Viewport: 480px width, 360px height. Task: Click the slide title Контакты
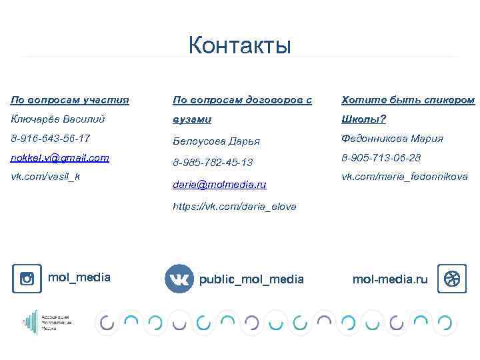(239, 45)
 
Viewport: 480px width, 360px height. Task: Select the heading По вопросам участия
(70, 100)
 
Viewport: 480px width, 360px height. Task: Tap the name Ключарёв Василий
(58, 119)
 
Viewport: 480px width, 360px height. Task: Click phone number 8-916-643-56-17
(50, 139)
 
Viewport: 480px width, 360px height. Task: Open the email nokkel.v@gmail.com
(60, 158)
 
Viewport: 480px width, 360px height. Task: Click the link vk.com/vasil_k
(45, 177)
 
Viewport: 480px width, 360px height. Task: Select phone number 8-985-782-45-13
(213, 162)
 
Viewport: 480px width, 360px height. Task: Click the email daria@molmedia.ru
(219, 183)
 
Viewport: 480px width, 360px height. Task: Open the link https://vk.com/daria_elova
(235, 207)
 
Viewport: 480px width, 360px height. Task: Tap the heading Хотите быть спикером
(408, 100)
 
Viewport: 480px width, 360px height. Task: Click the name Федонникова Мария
(392, 139)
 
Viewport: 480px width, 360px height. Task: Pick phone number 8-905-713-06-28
(381, 158)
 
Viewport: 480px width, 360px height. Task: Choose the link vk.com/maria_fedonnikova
(405, 177)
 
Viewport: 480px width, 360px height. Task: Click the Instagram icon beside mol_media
(27, 279)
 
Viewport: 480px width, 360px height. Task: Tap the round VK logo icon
(179, 279)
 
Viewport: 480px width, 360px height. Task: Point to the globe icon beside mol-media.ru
(451, 279)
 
